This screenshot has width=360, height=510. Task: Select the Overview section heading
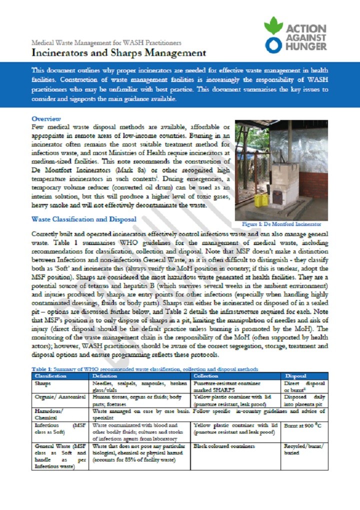[46, 119]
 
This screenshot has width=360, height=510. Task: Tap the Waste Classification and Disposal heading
[84, 219]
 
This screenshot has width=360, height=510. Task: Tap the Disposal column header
[296, 375]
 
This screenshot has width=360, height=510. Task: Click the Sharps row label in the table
[43, 383]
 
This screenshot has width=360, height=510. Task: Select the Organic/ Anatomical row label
[59, 396]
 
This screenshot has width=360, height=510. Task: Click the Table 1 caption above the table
[145, 369]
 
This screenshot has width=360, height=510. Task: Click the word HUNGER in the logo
[306, 46]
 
